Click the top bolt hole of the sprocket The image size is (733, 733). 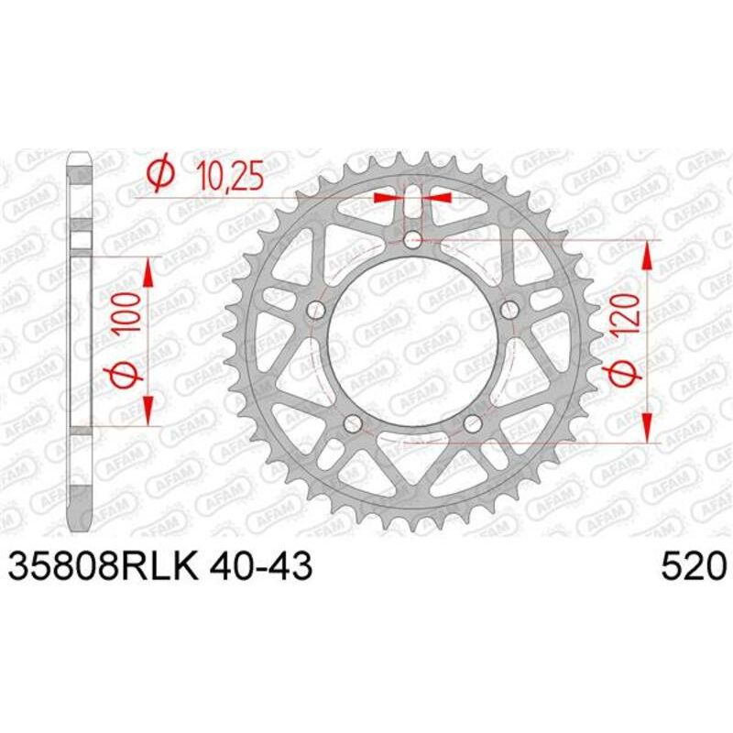(412, 241)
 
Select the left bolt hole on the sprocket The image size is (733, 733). (317, 309)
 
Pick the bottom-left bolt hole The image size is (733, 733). (353, 422)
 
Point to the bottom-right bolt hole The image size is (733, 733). (472, 422)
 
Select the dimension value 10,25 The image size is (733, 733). (227, 173)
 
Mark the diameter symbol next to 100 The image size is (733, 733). (129, 375)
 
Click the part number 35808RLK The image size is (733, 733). (103, 566)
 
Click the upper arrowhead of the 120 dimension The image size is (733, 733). (648, 257)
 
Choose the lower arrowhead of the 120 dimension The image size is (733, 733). (648, 428)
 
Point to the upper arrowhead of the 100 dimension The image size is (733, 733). (147, 270)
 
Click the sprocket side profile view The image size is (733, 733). (81, 339)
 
